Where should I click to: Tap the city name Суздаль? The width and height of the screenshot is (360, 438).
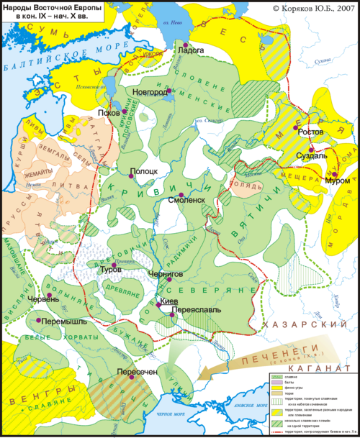312,155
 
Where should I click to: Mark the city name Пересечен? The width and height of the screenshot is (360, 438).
135,371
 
